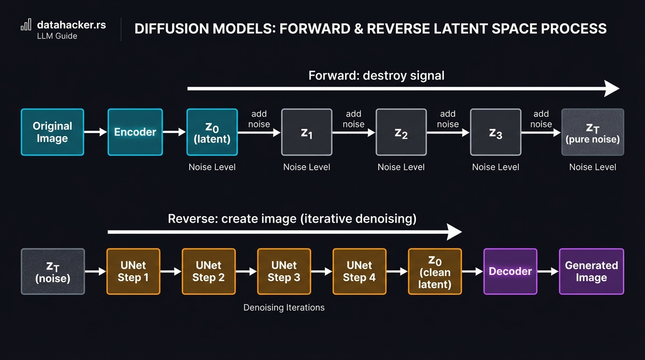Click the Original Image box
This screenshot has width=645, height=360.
pyautogui.click(x=52, y=132)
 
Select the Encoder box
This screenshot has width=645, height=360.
pyautogui.click(x=135, y=132)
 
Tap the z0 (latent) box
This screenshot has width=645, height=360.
pyautogui.click(x=212, y=132)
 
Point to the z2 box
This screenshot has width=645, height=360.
pyautogui.click(x=401, y=132)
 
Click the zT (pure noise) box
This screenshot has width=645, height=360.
pyautogui.click(x=592, y=132)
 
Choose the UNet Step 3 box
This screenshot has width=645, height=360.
pyautogui.click(x=284, y=271)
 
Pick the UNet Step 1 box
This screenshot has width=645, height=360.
pyautogui.click(x=133, y=271)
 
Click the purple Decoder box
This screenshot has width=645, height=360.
pyautogui.click(x=510, y=271)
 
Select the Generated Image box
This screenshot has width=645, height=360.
pyautogui.click(x=591, y=271)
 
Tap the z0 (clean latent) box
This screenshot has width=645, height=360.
pyautogui.click(x=435, y=271)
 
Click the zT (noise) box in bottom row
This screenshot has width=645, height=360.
pyautogui.click(x=53, y=271)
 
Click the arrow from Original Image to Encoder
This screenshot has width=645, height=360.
pyautogui.click(x=95, y=132)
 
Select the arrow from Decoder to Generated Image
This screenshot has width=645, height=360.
pyautogui.click(x=548, y=271)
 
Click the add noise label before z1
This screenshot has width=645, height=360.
pyautogui.click(x=259, y=119)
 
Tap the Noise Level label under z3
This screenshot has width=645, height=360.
pyautogui.click(x=495, y=167)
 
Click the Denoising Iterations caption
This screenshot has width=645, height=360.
pyautogui.click(x=284, y=307)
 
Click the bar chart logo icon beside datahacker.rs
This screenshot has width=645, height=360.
pyautogui.click(x=26, y=25)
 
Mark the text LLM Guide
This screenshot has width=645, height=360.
pyautogui.click(x=57, y=36)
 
